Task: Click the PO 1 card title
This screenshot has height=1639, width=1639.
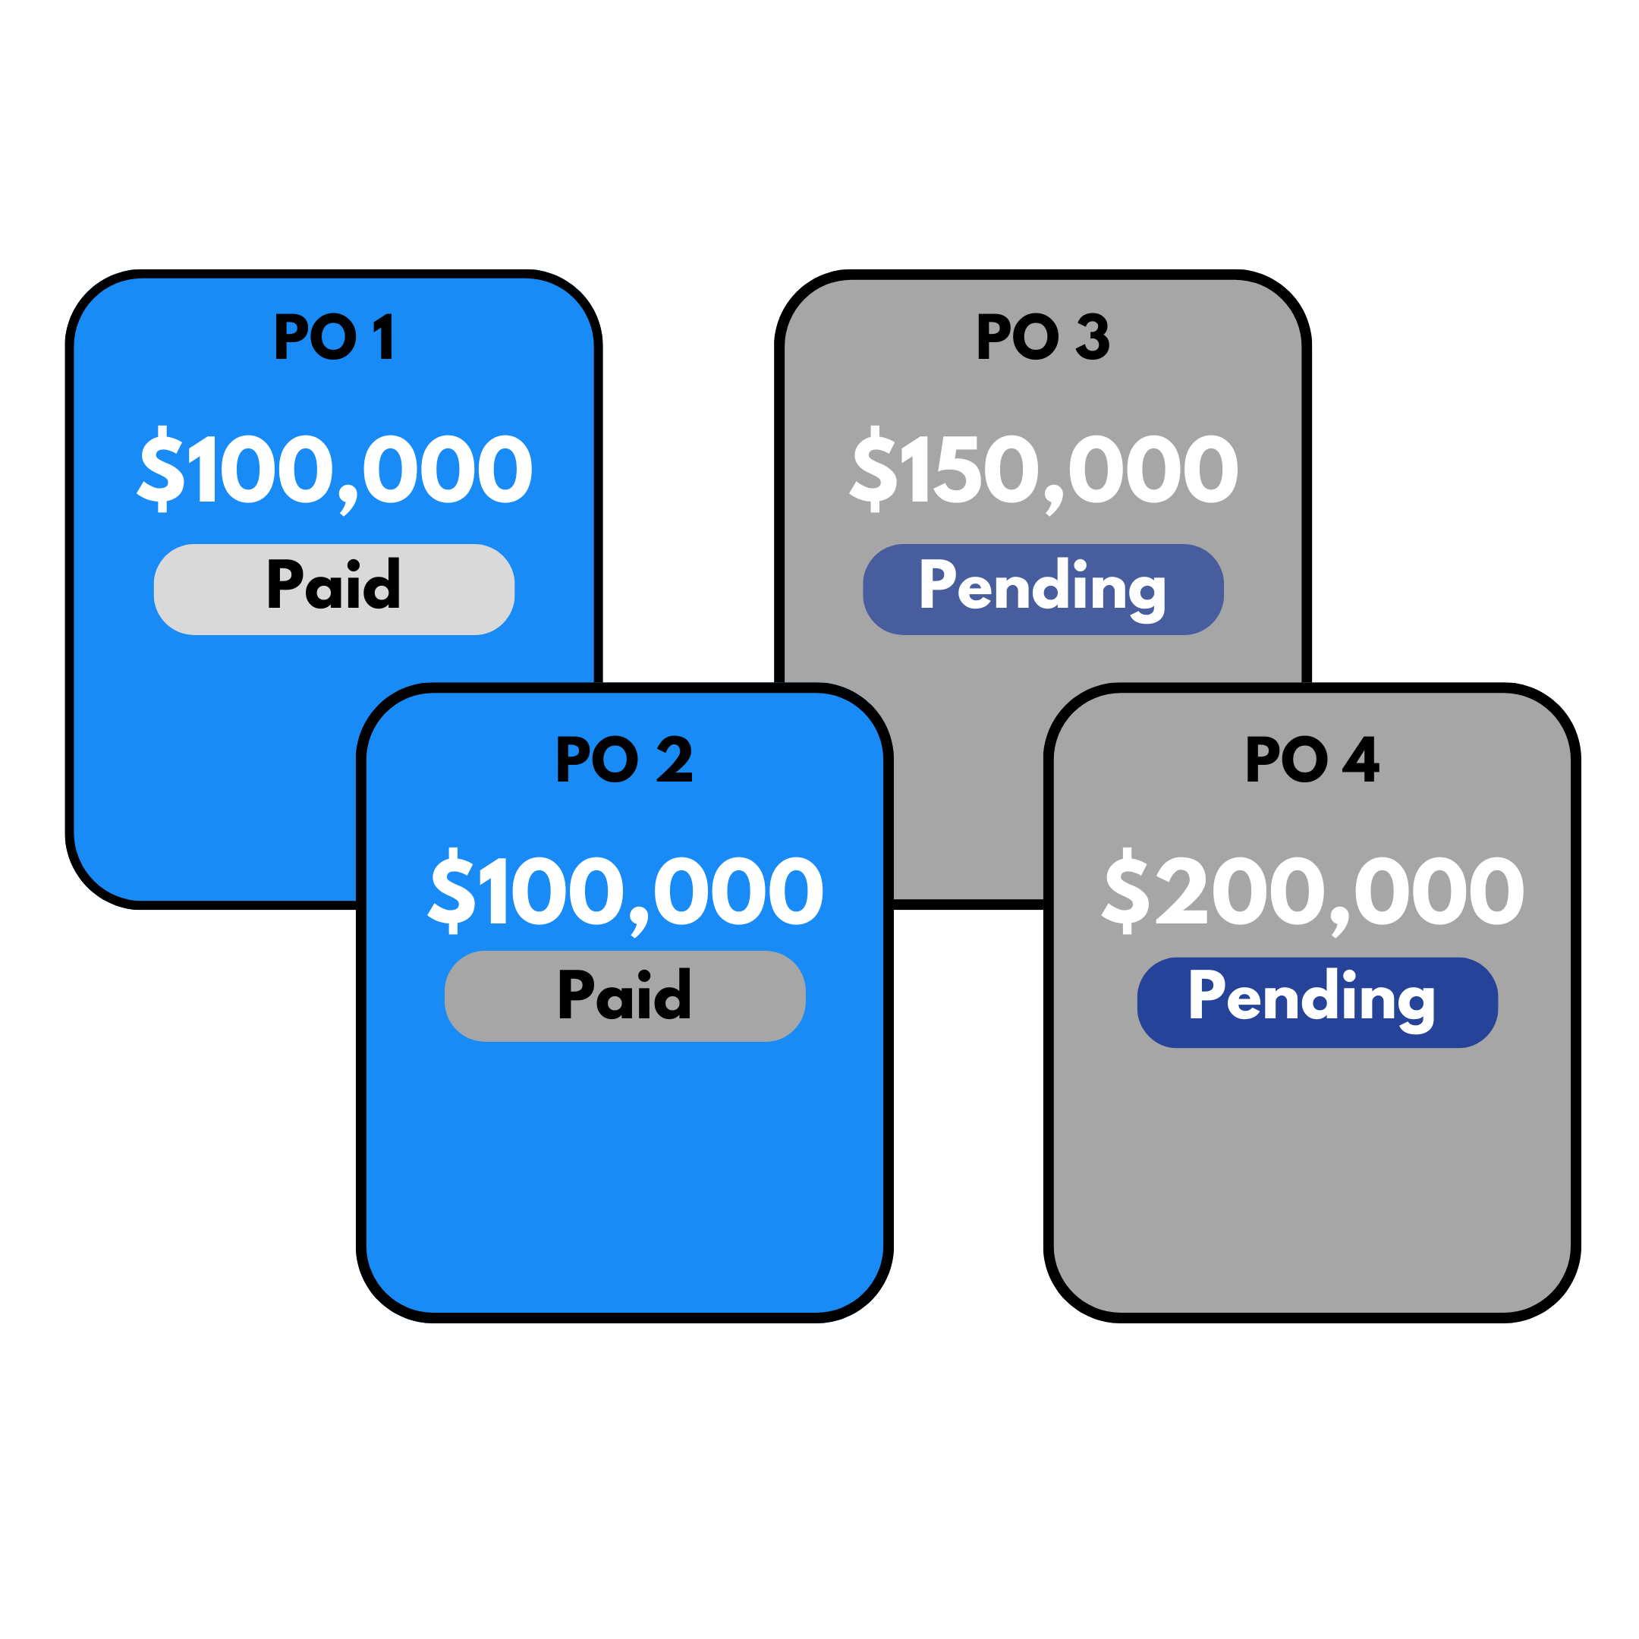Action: (334, 337)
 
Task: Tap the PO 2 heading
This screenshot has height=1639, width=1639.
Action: (624, 759)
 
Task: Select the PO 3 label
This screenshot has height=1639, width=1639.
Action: (1043, 337)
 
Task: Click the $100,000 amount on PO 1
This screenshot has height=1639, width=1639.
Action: (335, 469)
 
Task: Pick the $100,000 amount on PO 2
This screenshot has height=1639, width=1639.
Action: (626, 891)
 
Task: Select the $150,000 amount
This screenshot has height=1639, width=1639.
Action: (1043, 469)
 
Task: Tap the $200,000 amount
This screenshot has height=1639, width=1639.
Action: (1313, 891)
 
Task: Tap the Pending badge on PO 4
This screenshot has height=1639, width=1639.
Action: (1317, 1002)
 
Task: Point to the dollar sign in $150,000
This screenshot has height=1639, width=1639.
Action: (874, 469)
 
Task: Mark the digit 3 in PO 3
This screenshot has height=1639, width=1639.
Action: (1093, 337)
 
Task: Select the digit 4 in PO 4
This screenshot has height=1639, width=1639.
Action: (1361, 759)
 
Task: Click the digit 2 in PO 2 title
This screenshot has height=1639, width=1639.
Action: (675, 759)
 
